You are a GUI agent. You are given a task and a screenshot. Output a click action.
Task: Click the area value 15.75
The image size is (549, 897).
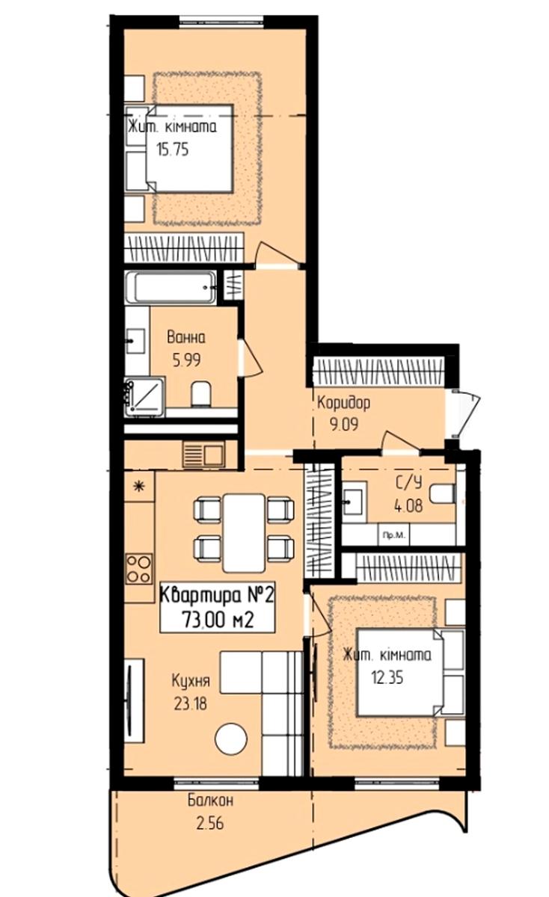[173, 149]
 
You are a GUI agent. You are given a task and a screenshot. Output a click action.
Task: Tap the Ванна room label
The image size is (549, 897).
[186, 337]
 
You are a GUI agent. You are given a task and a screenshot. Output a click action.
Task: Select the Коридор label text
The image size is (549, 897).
[344, 403]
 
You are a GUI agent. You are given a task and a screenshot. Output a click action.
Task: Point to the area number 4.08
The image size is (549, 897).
[408, 506]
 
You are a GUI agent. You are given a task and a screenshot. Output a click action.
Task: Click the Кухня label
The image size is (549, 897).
[191, 681]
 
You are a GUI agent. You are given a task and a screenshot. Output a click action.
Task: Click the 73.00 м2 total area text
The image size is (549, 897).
[218, 620]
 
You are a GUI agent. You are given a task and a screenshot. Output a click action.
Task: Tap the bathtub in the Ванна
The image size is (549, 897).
[171, 288]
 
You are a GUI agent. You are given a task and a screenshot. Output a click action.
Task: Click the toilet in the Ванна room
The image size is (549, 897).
[200, 394]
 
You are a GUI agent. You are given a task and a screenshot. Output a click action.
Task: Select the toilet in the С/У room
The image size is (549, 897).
[443, 494]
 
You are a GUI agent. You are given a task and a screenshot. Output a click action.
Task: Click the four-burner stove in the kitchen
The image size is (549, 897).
[139, 570]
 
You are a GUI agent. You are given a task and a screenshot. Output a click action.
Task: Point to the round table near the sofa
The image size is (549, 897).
[231, 739]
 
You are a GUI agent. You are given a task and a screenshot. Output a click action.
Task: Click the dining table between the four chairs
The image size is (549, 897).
[244, 533]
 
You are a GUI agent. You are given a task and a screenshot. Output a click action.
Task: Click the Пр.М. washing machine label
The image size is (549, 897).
[394, 535]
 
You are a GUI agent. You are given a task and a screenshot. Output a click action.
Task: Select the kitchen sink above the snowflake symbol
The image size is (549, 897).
[203, 454]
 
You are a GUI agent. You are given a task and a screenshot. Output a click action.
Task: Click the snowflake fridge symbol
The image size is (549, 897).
[139, 487]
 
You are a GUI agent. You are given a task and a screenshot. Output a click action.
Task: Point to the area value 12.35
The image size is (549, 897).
[387, 678]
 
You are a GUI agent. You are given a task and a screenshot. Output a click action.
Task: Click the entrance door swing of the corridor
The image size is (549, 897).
[464, 413]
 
